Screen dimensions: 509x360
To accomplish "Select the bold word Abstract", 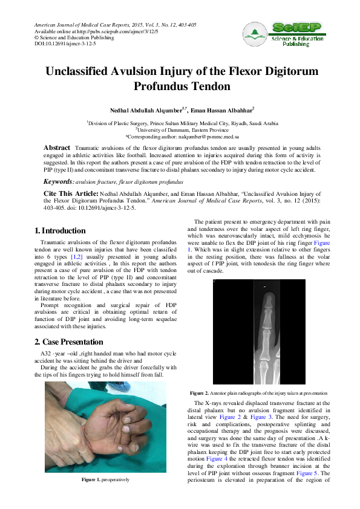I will click(57, 148).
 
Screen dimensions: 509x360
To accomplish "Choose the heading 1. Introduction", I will click(60, 230).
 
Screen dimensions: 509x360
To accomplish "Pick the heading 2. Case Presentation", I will click(69, 342).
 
